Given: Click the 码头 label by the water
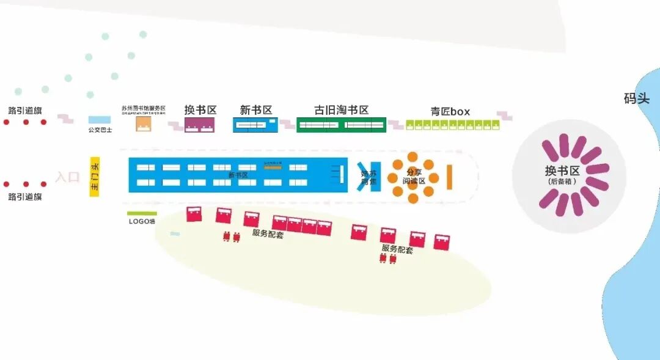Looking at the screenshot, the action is click(636, 98).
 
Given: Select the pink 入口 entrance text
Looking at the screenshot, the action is click(67, 177).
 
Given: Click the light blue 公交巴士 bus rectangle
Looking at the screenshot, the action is click(100, 120).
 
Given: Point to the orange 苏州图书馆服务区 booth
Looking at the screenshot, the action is click(144, 124).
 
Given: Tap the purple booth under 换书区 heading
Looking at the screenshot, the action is click(200, 125).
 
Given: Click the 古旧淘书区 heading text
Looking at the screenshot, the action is click(341, 110).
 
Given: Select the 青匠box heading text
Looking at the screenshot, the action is click(450, 111).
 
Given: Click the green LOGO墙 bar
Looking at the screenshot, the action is click(142, 213).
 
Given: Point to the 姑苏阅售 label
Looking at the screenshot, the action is click(369, 177).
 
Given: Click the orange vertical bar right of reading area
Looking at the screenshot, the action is click(449, 177).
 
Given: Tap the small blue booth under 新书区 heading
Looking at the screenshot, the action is click(254, 125).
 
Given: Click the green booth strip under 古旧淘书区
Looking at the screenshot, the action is click(341, 125).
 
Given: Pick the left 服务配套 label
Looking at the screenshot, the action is click(268, 233).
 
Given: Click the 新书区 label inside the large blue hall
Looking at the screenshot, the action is click(238, 175).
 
